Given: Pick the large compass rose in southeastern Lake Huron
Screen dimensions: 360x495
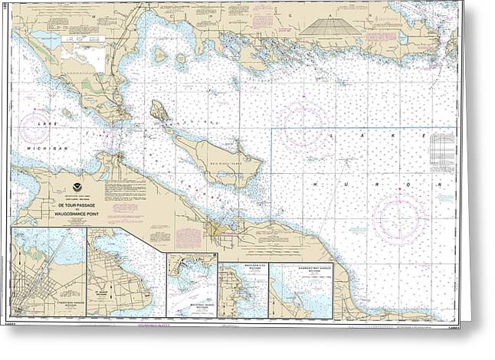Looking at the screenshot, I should [x=400, y=218].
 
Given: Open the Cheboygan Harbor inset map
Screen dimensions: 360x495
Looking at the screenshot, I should [x=48, y=272].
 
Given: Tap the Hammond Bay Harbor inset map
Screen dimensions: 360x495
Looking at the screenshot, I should [x=300, y=291].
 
